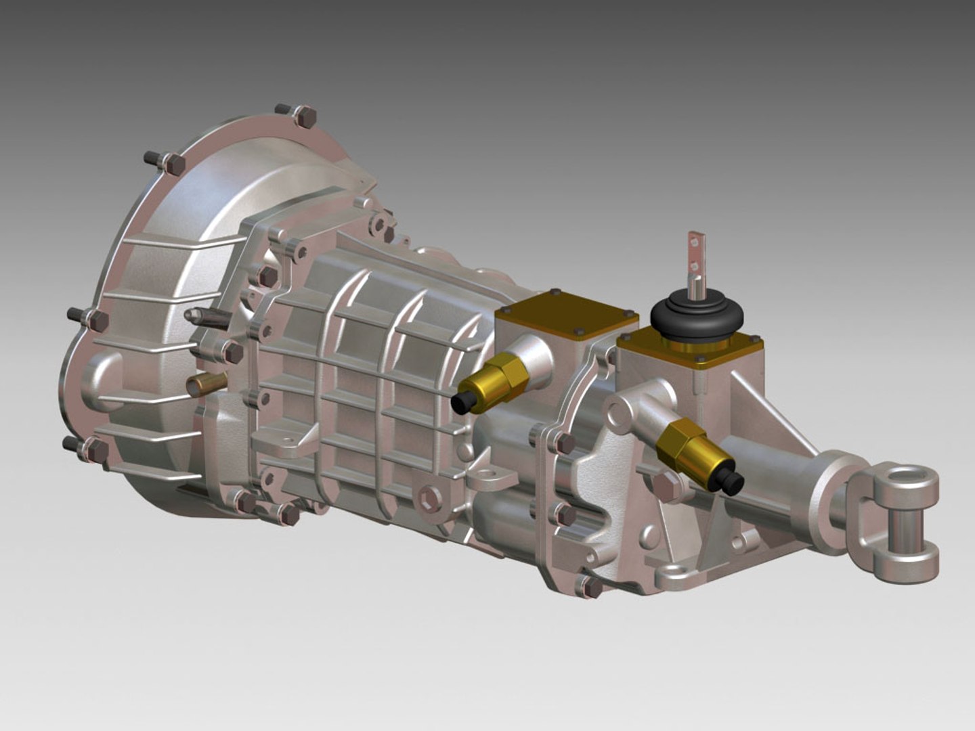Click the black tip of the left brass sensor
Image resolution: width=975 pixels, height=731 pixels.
(x=464, y=403)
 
